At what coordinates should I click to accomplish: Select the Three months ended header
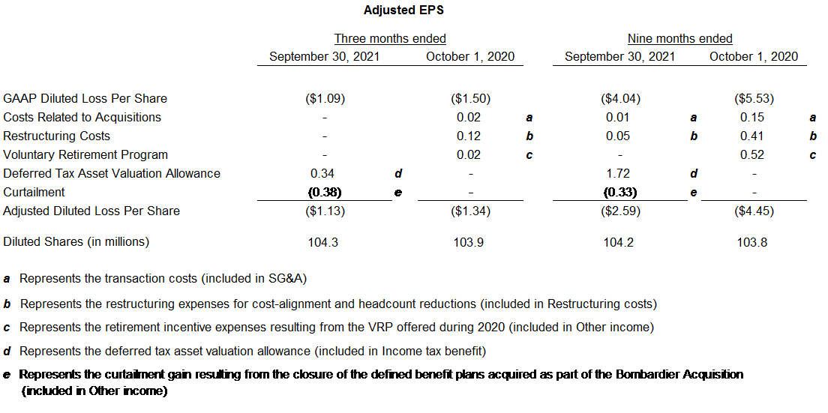(390, 38)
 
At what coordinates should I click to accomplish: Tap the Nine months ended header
(679, 38)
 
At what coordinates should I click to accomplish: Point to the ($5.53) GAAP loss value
(754, 98)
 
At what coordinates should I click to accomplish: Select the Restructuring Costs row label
(57, 136)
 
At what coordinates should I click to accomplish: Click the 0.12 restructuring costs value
(469, 136)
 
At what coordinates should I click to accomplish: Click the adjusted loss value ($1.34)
(470, 211)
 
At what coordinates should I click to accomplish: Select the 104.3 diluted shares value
(322, 242)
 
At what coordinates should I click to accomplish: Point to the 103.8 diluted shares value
(752, 242)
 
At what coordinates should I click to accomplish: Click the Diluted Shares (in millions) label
(76, 241)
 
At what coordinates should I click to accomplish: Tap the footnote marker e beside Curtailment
(693, 193)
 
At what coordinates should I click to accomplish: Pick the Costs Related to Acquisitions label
(82, 117)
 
